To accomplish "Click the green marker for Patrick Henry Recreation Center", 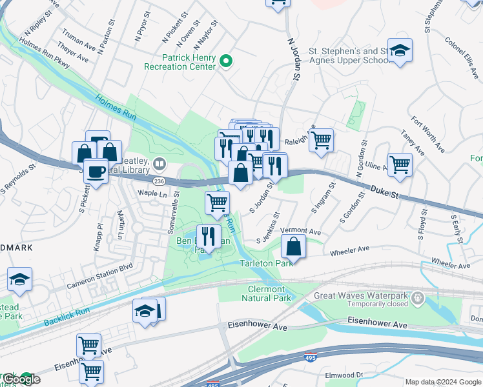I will tap(225, 61).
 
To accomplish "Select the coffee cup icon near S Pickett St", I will tap(96, 172).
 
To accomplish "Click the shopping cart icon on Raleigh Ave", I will tap(321, 140).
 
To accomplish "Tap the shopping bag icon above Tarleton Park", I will tap(294, 247).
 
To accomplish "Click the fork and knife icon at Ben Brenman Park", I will tap(208, 236).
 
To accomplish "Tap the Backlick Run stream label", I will tap(65, 317).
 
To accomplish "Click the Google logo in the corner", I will tap(21, 380).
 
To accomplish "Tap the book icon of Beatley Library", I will tap(159, 163).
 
